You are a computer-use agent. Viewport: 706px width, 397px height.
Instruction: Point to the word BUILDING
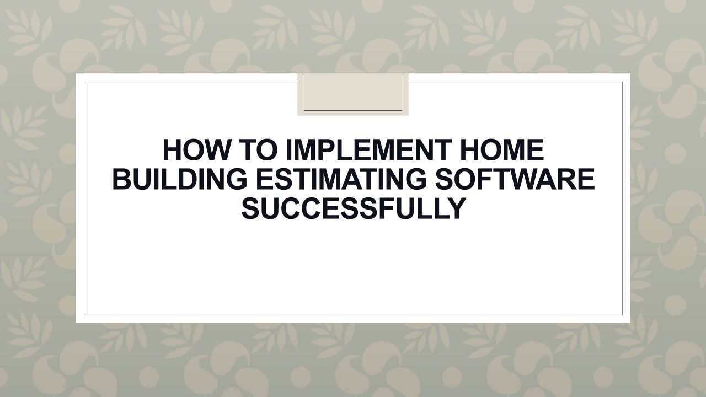[180, 179]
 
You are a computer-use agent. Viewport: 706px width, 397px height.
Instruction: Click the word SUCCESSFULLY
[354, 208]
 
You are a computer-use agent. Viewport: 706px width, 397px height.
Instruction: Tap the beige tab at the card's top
[353, 94]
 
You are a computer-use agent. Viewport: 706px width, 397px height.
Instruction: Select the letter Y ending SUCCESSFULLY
[456, 208]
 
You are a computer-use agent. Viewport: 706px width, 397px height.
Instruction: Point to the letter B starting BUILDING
[122, 179]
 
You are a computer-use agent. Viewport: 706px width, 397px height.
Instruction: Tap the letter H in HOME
[469, 150]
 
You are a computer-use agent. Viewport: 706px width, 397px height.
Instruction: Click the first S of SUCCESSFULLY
[251, 208]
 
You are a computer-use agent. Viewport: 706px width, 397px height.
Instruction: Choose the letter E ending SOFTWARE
[586, 179]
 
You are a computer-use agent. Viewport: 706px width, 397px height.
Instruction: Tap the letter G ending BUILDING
[237, 179]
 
